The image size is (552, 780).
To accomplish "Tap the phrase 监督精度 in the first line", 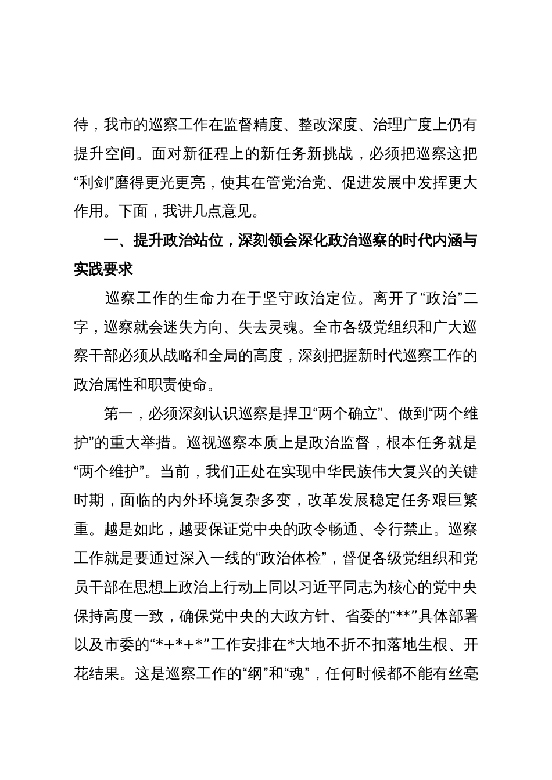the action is pyautogui.click(x=253, y=124).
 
